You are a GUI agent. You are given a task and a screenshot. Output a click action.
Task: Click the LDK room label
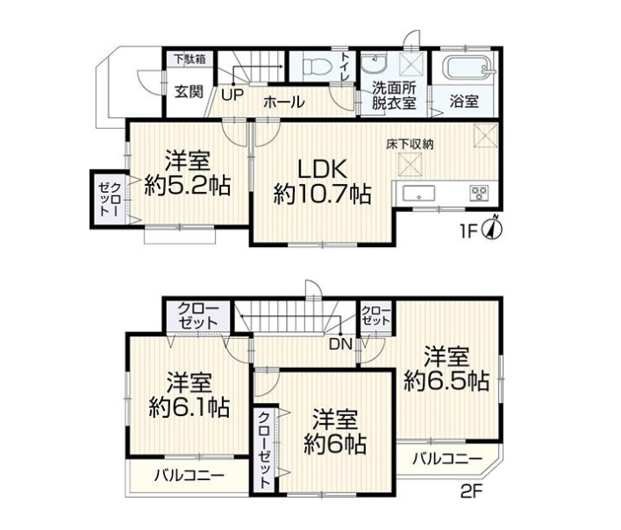click(x=322, y=170)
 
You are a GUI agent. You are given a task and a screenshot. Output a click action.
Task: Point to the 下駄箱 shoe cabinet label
click(x=190, y=60)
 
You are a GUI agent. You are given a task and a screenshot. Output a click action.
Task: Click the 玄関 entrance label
click(x=189, y=92)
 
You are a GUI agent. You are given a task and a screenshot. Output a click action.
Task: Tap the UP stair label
click(x=232, y=95)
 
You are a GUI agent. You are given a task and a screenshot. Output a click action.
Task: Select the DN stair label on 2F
click(x=341, y=344)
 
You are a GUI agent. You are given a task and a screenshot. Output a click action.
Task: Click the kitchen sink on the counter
click(x=418, y=194)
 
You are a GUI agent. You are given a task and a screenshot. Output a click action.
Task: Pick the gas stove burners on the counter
click(x=479, y=193)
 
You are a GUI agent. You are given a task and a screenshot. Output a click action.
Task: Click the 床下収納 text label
click(x=410, y=145)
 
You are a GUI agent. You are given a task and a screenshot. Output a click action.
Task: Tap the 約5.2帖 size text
click(x=188, y=185)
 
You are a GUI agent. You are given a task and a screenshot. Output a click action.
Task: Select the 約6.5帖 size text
click(x=446, y=381)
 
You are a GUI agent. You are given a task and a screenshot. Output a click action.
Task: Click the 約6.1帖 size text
click(x=189, y=406)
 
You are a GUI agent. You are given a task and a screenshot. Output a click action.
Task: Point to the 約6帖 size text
click(x=335, y=444)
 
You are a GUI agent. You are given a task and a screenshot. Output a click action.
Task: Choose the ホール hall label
click(x=283, y=102)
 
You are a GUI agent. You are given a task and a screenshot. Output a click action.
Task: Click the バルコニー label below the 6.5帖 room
click(x=447, y=459)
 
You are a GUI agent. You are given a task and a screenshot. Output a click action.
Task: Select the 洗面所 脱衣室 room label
click(x=394, y=96)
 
